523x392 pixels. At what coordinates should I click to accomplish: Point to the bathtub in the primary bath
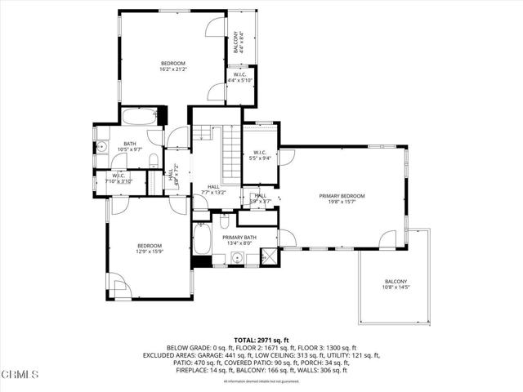point(202,242)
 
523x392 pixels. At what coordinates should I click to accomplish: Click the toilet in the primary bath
point(224,222)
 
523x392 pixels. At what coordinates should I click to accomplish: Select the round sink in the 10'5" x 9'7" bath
point(102,148)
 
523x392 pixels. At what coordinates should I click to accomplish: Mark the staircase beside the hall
point(231,147)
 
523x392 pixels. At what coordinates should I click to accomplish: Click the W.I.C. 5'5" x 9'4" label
point(261,155)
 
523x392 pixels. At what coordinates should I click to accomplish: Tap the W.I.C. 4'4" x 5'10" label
point(239,77)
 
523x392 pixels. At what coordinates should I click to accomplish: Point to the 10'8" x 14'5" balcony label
point(396,285)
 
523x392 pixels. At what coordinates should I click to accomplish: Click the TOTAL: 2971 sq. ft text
point(261,340)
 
